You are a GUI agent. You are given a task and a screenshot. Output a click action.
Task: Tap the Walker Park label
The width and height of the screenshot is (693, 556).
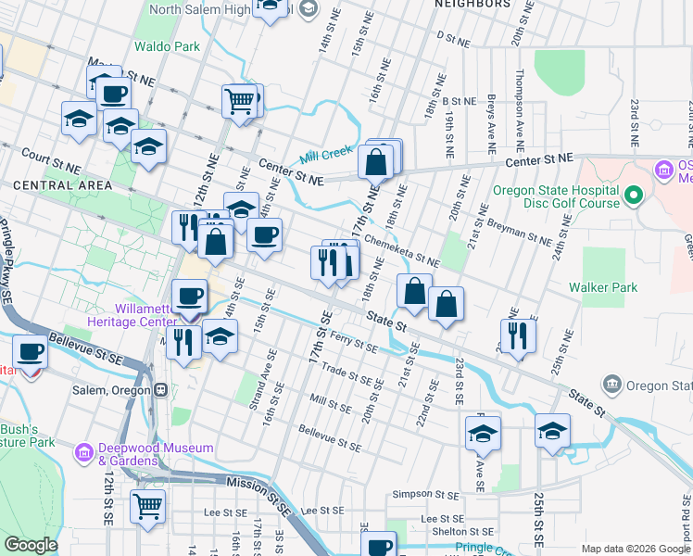603,287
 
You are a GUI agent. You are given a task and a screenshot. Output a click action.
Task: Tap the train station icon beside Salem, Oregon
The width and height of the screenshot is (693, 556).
160,390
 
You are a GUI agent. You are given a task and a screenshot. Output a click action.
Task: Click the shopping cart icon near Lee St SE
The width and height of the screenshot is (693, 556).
147,506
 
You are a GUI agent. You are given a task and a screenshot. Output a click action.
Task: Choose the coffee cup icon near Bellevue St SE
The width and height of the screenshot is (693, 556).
31,352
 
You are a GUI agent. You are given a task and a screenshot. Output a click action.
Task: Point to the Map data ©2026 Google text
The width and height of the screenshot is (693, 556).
635,549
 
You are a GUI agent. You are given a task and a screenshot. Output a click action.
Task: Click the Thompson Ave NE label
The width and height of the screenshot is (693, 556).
520,110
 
